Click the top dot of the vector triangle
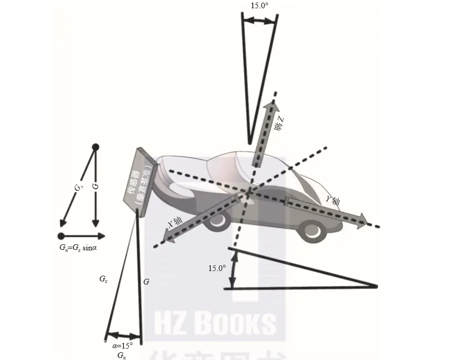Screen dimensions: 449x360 tap(95, 147)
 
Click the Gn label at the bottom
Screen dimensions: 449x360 tap(122, 355)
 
